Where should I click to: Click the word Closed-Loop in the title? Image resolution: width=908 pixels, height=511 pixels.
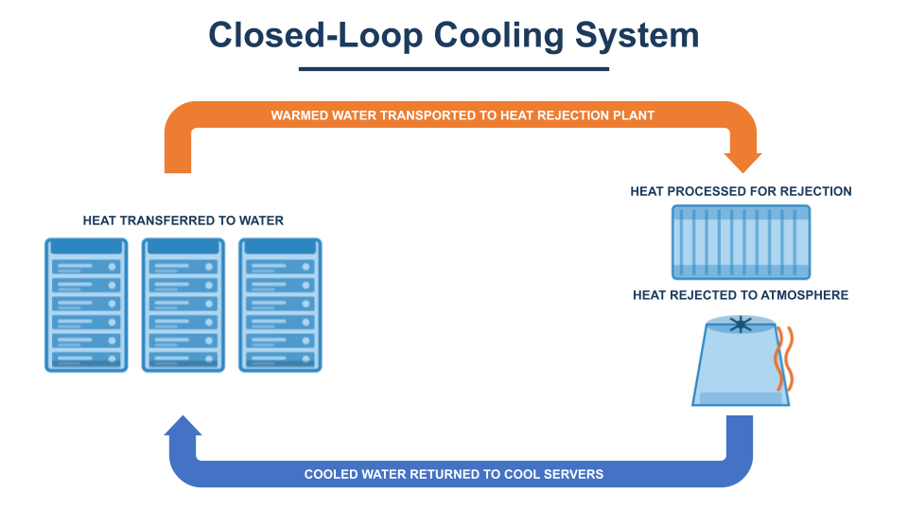pos(316,35)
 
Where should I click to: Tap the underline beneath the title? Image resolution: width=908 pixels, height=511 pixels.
pos(454,69)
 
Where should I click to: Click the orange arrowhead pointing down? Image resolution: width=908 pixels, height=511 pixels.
pos(743,162)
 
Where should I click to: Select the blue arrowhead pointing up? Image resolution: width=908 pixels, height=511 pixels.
pos(183,426)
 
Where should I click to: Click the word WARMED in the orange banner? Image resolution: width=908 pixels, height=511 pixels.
pos(300,115)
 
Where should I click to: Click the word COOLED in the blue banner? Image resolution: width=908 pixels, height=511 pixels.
pos(331,474)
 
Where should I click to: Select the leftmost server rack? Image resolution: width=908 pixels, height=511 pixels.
pos(86,306)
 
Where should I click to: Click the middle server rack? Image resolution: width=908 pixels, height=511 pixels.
pos(183,306)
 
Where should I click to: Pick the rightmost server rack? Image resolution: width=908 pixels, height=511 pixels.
pos(280,306)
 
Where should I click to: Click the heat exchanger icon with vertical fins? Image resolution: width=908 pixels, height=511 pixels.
pos(742,242)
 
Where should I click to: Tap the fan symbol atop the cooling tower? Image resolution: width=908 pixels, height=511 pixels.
pos(741,325)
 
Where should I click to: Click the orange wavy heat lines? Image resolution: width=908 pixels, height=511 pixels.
pos(784,358)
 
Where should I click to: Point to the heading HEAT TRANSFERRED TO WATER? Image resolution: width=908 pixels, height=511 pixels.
pos(183,220)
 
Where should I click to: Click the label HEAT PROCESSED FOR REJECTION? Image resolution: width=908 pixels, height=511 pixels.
pos(741,191)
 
